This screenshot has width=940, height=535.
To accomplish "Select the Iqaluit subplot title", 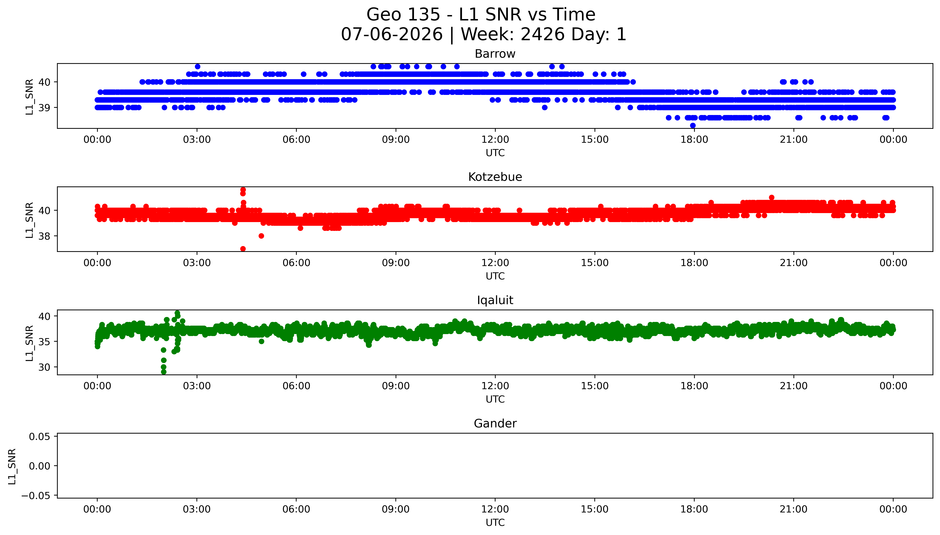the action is pos(495,300).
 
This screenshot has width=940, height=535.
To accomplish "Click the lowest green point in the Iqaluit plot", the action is pos(164,372).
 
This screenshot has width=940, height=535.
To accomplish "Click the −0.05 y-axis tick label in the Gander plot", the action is pos(36,496).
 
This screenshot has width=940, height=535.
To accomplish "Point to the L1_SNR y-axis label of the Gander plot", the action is pos(12,466).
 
